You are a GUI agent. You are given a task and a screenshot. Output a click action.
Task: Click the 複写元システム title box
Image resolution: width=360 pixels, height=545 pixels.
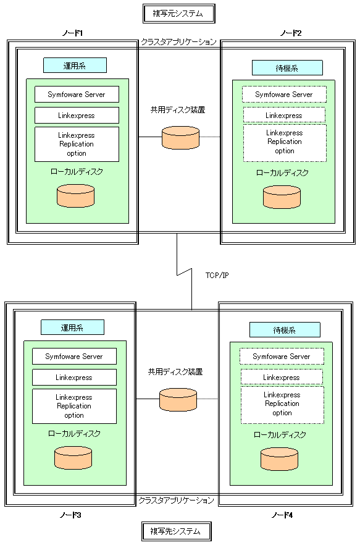pos(178,14)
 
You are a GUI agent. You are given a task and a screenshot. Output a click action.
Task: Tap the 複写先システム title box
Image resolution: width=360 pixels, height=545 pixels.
pos(176,531)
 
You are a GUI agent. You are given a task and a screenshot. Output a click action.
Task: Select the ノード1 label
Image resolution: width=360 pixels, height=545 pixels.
pos(72,33)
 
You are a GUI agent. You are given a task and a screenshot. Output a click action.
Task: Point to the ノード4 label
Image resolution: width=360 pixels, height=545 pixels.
pos(282,515)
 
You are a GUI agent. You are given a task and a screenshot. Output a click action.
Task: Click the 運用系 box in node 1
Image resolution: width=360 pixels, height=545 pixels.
pos(75,65)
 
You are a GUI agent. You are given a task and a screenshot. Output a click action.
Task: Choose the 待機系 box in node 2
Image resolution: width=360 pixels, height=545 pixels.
pos(287,68)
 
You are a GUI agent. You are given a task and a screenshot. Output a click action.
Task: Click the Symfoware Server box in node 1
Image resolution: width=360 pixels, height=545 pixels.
pos(77,94)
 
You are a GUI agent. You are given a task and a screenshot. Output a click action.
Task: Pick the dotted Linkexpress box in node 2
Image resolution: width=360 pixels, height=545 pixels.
pos(284,115)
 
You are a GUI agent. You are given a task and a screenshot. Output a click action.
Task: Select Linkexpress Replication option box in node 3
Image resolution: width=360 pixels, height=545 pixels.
pos(74,406)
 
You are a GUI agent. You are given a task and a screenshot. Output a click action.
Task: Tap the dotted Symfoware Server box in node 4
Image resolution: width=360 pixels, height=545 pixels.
pos(282,357)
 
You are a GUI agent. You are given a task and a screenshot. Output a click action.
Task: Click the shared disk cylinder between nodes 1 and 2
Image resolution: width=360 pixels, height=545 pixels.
pos(181,138)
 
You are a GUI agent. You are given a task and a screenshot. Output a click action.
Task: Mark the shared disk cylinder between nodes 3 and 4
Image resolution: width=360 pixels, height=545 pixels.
pos(178,400)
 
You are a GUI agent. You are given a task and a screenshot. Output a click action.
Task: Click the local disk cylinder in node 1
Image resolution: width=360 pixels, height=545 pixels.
pos(76,196)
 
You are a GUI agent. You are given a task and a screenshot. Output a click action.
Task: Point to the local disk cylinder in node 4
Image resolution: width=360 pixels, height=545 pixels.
pos(279,459)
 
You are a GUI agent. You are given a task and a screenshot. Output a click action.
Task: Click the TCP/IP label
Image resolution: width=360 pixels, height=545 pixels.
pos(217,276)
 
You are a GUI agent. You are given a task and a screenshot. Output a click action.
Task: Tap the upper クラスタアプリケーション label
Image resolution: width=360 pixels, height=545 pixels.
pos(178,42)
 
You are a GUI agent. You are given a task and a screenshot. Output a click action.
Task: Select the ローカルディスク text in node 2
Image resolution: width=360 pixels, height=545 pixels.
pos(282,173)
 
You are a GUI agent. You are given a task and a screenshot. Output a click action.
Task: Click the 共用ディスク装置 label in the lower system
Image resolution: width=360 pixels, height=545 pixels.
pos(175,372)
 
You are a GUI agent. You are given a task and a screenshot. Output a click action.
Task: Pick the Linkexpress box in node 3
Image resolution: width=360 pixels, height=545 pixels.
pos(74,377)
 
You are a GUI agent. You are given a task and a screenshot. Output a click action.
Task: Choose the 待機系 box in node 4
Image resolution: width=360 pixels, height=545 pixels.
pos(285,330)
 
